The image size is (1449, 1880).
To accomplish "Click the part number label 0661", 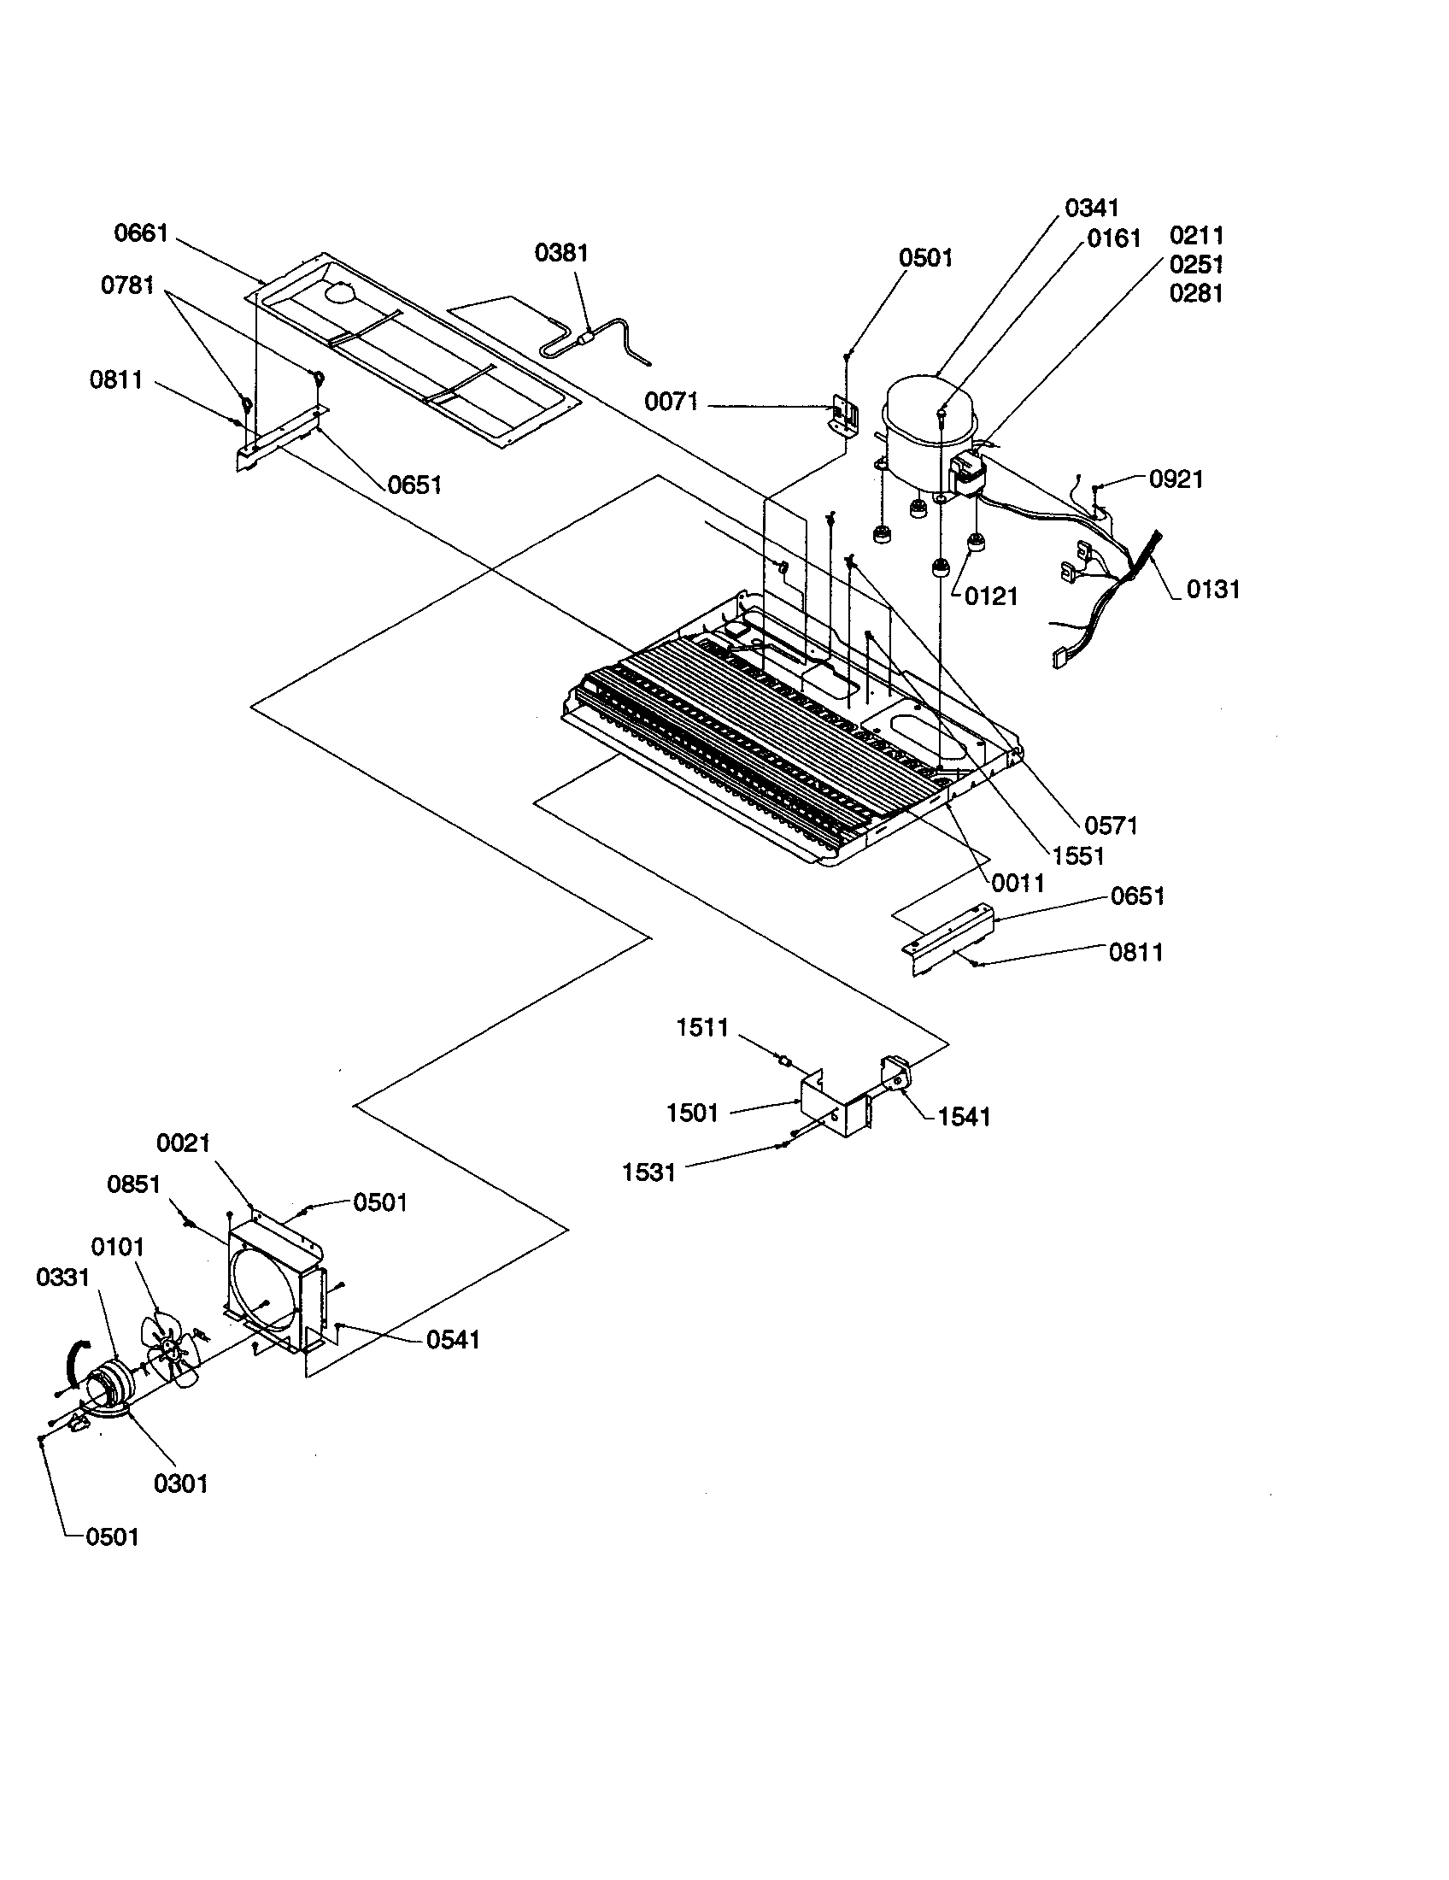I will point(141,233).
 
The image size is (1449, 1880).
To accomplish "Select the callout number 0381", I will point(561,253).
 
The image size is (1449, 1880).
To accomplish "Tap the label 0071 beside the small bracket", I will point(672,402).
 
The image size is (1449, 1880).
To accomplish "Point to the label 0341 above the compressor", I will point(1091,209).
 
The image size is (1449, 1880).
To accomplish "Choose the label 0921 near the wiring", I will point(1176,479).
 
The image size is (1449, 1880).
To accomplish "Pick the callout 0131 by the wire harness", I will point(1212,590).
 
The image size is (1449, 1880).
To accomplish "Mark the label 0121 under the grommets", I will point(990,596).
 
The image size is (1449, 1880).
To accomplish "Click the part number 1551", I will point(1077,855).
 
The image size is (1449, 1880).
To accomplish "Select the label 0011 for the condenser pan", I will point(1017,884).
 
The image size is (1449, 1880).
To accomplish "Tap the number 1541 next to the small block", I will point(963,1118).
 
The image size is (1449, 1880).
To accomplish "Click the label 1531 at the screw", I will point(648,1172).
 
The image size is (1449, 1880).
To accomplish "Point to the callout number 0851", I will point(133,1184).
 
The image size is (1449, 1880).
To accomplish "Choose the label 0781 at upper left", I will point(127,285).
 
